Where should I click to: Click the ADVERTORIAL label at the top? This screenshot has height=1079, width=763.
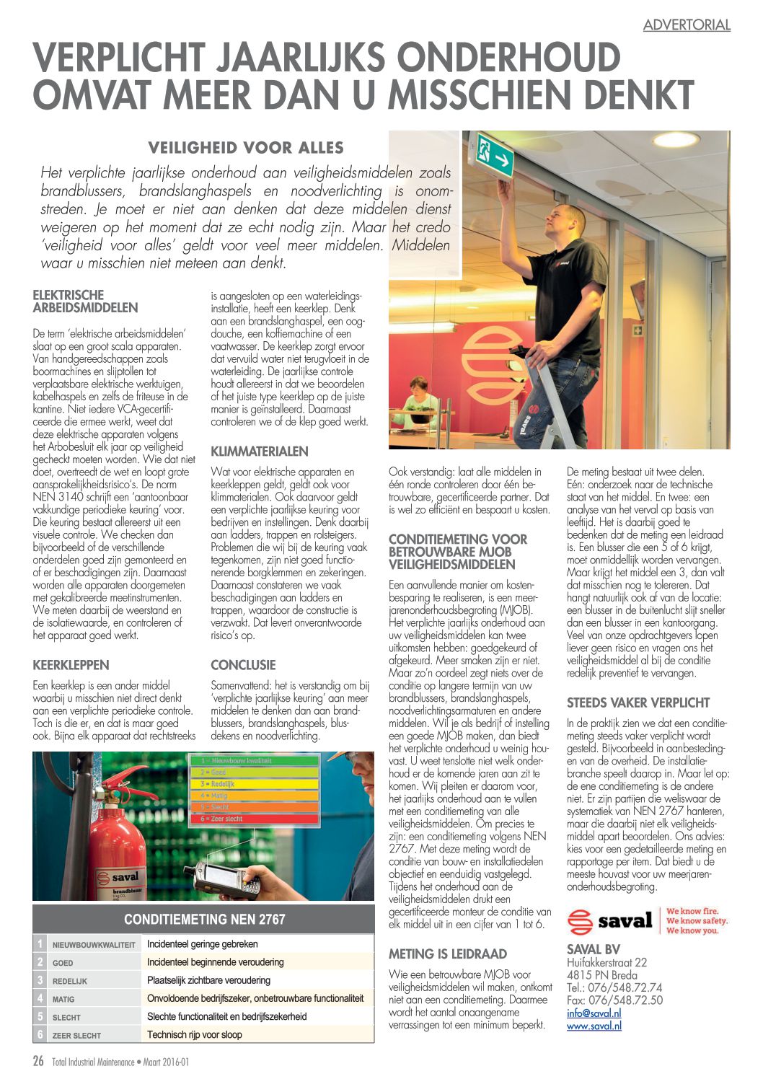(x=687, y=25)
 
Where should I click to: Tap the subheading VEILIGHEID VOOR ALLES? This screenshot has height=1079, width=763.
(x=245, y=148)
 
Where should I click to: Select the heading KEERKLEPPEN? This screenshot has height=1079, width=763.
(x=71, y=665)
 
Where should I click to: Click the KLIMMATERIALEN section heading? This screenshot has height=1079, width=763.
(x=259, y=452)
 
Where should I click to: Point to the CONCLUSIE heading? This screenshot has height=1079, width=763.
(x=243, y=665)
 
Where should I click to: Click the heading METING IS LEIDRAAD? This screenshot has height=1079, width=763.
(x=447, y=954)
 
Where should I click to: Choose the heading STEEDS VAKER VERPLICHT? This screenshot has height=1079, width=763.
(x=638, y=703)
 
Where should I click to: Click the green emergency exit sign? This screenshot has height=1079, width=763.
(x=495, y=156)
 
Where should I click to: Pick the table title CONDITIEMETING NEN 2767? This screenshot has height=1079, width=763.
(x=204, y=920)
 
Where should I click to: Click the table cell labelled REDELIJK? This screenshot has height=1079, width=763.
(x=70, y=981)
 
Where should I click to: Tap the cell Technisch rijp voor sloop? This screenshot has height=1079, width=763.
(x=194, y=1034)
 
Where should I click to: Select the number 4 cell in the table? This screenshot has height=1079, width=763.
(x=40, y=999)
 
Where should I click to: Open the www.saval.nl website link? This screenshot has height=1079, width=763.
(x=594, y=1026)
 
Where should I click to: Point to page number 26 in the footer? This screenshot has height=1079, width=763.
(x=38, y=1061)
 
